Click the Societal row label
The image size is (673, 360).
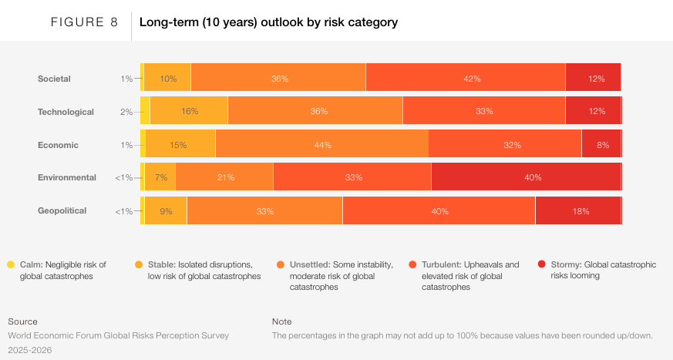coord(54,79)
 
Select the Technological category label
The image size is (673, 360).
coord(66,112)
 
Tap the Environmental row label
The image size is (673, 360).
coord(67,177)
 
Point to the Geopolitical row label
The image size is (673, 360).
coord(62,210)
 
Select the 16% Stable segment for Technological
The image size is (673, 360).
coord(189,112)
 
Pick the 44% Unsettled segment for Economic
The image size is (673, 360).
coord(321,145)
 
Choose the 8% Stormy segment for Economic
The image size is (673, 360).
coord(601,145)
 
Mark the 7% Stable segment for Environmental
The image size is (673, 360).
coord(160,177)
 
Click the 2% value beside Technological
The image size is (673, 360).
coord(126,112)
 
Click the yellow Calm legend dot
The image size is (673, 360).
coord(11,264)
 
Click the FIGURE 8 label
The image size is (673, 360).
coord(84,22)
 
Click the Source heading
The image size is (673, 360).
coord(22,321)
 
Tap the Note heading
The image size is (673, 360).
coord(282,321)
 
